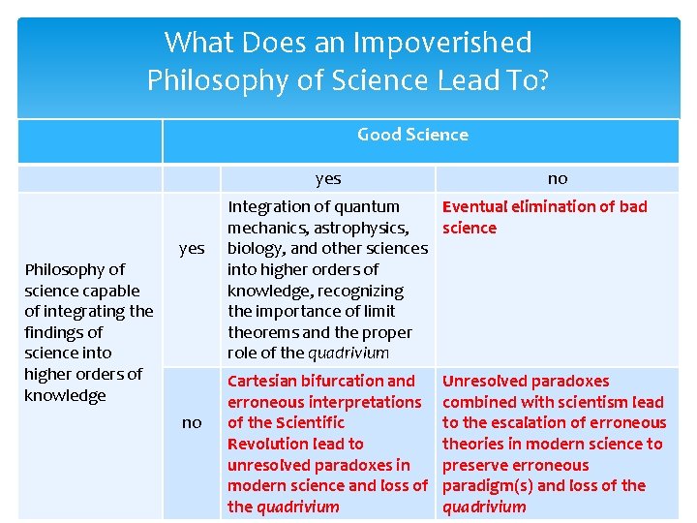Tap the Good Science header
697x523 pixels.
(412, 135)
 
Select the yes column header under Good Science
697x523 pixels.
(328, 178)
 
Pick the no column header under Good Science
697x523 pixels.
(558, 178)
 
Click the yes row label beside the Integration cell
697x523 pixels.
(192, 248)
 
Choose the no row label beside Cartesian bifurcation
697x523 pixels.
(192, 422)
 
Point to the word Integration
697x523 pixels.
(265, 206)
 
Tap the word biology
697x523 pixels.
(258, 249)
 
